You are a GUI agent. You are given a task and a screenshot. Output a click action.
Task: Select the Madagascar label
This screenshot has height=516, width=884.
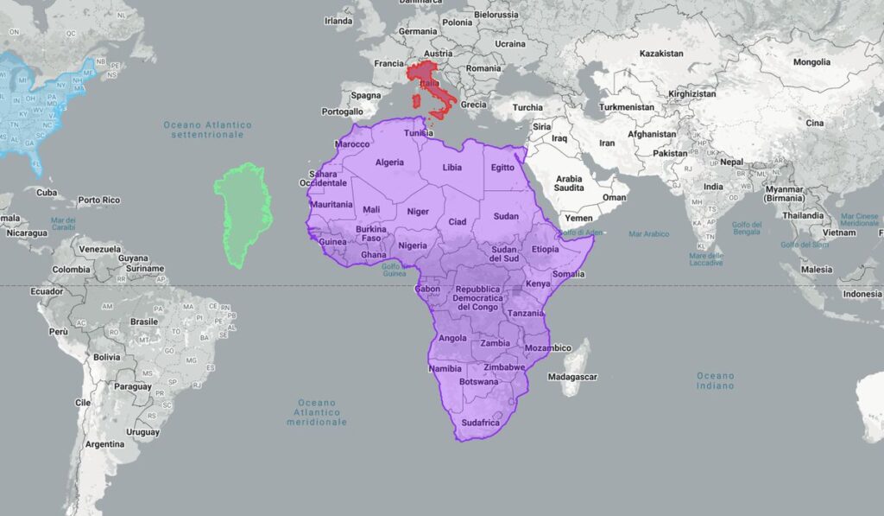[x=573, y=378]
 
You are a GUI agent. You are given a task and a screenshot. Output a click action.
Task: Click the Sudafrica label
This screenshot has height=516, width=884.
[x=481, y=423]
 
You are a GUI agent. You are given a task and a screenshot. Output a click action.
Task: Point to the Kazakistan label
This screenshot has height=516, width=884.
[x=661, y=54]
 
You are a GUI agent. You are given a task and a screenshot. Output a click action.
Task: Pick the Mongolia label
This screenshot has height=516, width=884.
[x=811, y=62]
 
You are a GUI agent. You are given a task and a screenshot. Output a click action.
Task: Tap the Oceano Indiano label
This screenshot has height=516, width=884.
[x=716, y=380]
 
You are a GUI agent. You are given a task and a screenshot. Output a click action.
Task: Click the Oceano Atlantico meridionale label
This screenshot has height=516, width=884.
[x=317, y=412]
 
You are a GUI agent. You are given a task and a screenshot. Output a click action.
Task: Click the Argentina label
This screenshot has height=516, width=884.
[x=104, y=444]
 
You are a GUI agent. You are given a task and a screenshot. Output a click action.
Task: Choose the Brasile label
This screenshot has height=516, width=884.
[x=143, y=322]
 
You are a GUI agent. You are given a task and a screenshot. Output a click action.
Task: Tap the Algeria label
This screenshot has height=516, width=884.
[x=389, y=162]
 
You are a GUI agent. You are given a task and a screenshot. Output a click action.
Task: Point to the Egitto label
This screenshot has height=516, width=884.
[x=502, y=167]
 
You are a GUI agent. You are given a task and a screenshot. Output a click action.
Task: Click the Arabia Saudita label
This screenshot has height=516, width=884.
[x=569, y=183]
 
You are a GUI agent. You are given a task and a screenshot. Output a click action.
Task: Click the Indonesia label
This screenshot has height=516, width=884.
[x=862, y=294]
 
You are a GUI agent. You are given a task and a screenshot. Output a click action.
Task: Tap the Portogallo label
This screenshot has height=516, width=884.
[x=342, y=111]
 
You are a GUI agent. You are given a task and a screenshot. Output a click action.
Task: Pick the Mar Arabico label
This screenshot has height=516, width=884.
[x=649, y=234]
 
